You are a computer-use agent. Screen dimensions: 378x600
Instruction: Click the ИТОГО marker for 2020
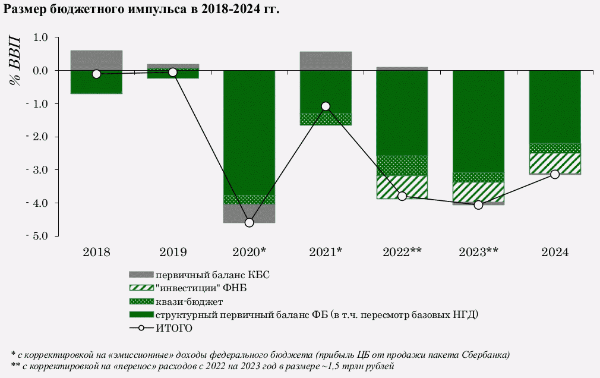click(249, 222)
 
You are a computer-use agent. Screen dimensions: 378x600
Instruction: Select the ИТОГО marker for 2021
click(326, 106)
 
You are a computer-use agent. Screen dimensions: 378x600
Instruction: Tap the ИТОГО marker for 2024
click(555, 174)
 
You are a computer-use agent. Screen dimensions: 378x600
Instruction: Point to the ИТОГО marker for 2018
click(96, 74)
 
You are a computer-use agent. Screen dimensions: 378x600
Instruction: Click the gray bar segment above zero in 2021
click(326, 61)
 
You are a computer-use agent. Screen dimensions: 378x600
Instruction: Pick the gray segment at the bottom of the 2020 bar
click(249, 213)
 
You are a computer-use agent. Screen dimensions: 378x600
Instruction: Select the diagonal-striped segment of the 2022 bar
click(402, 187)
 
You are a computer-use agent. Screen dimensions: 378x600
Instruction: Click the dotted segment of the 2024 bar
click(555, 148)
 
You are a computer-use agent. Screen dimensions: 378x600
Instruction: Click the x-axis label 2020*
click(249, 252)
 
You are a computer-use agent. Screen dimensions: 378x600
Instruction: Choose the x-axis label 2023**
click(478, 252)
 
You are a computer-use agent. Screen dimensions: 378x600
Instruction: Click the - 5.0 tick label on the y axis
click(34, 236)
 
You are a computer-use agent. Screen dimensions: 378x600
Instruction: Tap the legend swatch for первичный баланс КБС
click(141, 275)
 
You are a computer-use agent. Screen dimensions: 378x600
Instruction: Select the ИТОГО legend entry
click(175, 328)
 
